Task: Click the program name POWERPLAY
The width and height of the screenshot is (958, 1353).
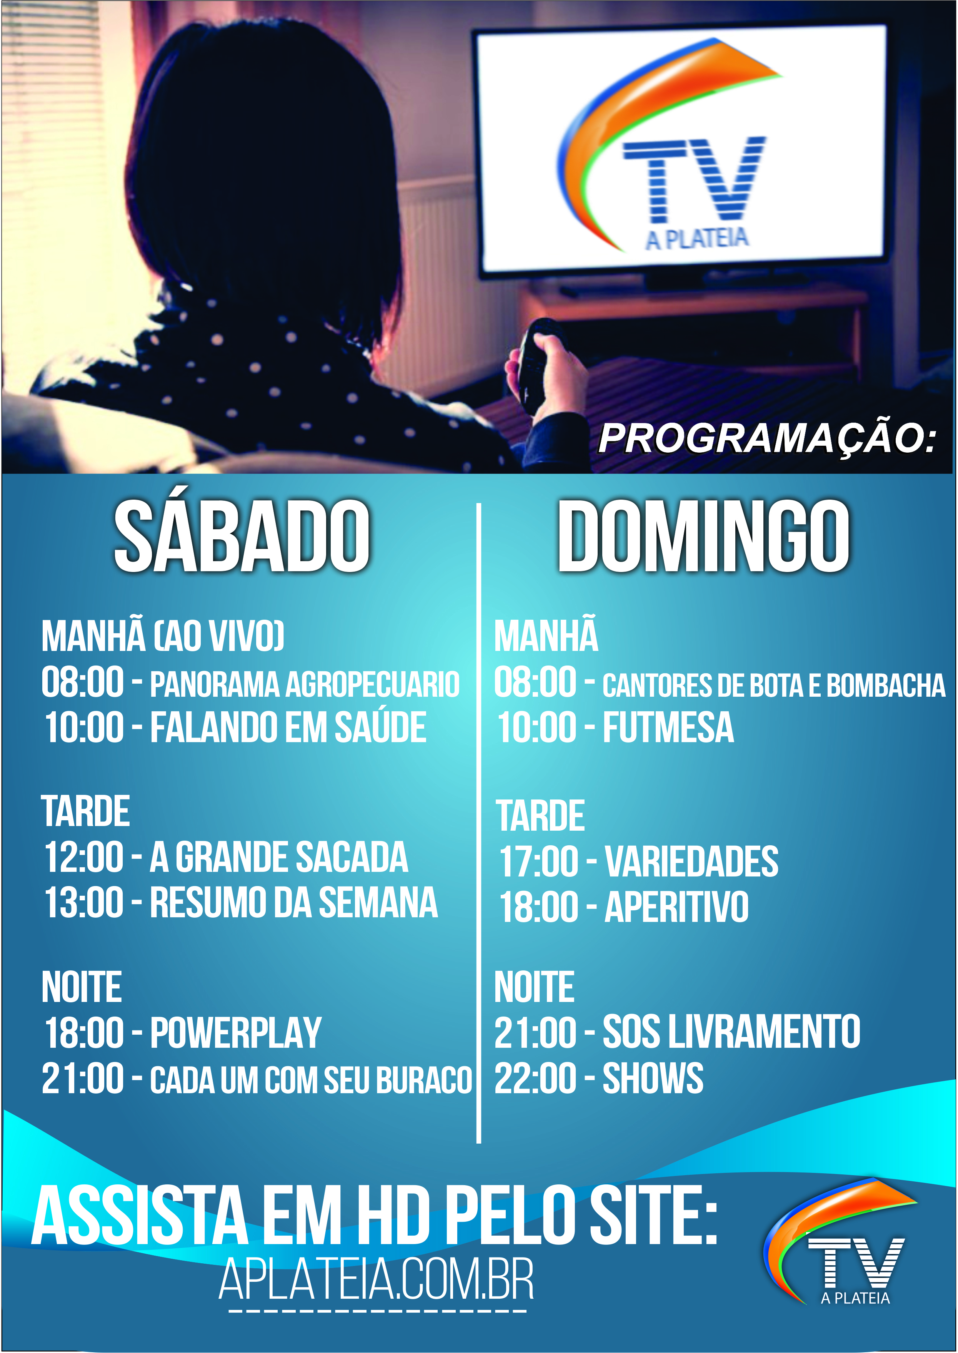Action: [x=235, y=1033]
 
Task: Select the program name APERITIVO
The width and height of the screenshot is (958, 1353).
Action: [x=676, y=907]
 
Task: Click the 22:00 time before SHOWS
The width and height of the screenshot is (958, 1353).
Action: [x=535, y=1078]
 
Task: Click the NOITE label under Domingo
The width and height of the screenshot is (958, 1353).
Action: [x=534, y=987]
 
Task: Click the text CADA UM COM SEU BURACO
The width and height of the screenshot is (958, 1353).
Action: [x=311, y=1080]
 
